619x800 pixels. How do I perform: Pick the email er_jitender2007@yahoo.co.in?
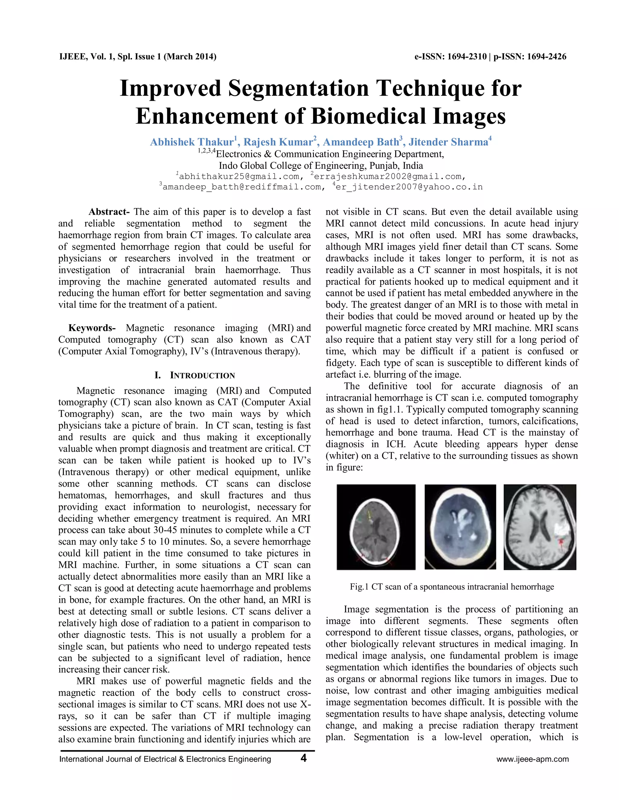(409, 187)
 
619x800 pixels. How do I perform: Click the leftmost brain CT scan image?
(376, 527)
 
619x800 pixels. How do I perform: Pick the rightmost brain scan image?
(540, 527)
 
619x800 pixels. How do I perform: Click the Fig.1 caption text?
(452, 587)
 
